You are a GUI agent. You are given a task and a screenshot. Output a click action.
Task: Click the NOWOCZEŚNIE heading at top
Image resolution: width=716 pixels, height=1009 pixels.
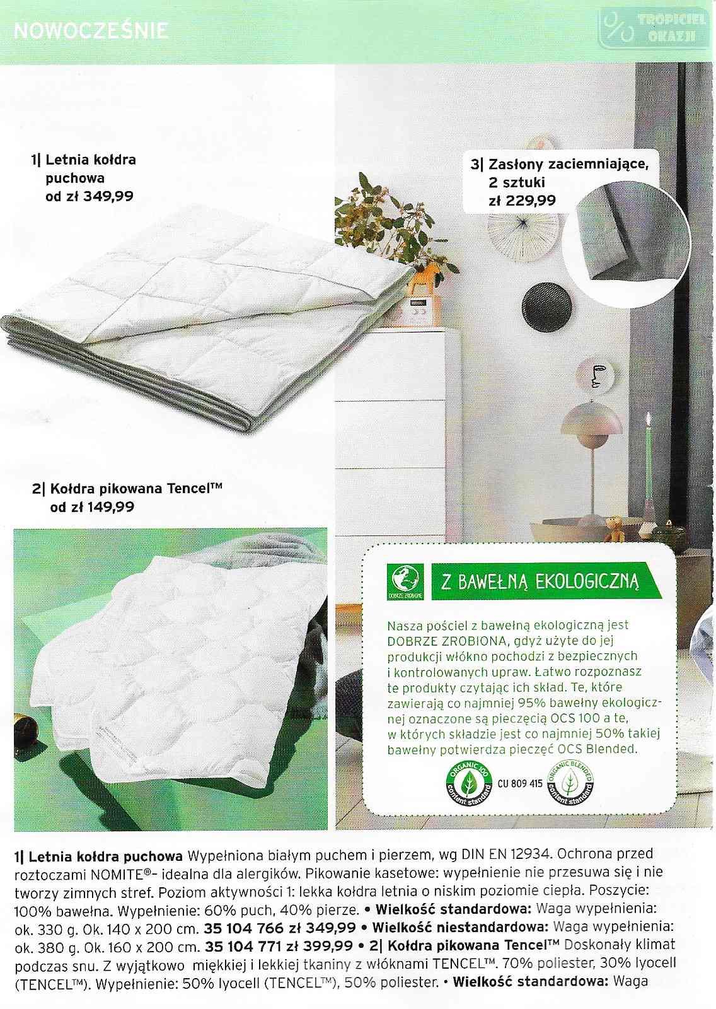tap(91, 30)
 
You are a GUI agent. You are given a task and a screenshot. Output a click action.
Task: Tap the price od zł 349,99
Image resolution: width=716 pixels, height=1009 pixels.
tap(89, 196)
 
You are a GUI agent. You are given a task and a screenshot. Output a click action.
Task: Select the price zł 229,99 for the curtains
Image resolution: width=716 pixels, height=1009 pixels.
tap(523, 201)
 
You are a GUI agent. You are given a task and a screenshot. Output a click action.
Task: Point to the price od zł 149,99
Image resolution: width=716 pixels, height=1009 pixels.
tap(92, 506)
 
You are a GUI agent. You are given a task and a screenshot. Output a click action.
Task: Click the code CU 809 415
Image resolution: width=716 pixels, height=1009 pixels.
tap(520, 784)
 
